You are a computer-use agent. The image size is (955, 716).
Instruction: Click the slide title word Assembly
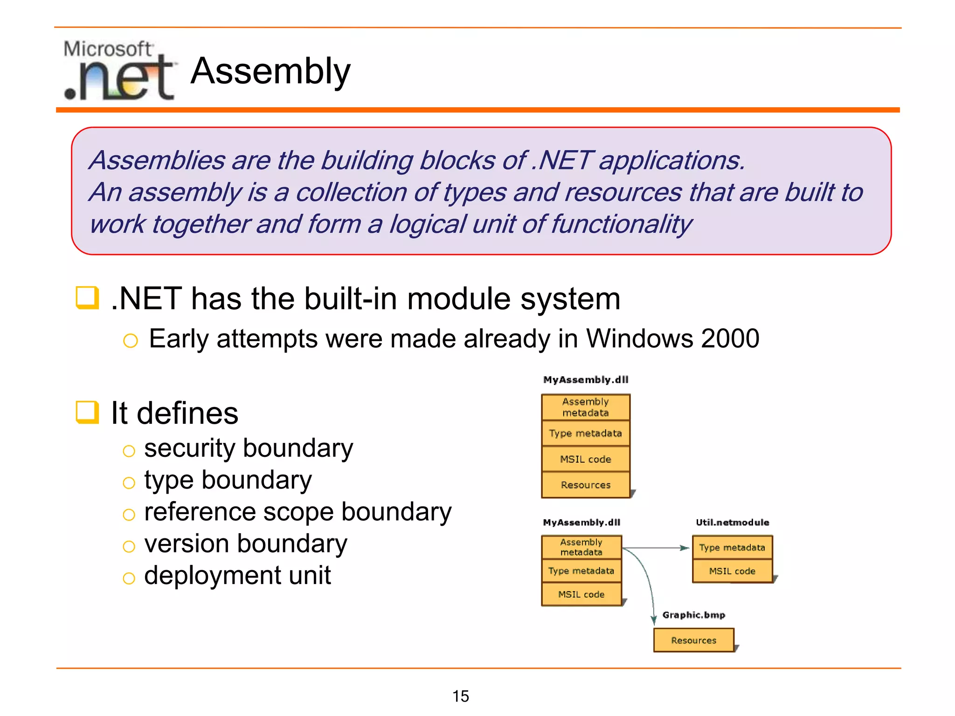pyautogui.click(x=270, y=71)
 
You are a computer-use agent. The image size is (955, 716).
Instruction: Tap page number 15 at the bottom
pyautogui.click(x=460, y=696)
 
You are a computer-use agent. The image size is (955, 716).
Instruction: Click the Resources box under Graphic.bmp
pyautogui.click(x=693, y=640)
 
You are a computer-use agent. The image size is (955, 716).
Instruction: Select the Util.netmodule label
pyautogui.click(x=732, y=522)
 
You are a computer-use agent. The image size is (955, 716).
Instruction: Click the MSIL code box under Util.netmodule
pyautogui.click(x=732, y=571)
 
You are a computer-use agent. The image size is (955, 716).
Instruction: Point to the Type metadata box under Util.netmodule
pyautogui.click(x=732, y=547)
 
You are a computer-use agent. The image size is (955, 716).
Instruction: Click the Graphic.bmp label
pyautogui.click(x=693, y=615)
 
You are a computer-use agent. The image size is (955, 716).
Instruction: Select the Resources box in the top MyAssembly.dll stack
pyautogui.click(x=586, y=485)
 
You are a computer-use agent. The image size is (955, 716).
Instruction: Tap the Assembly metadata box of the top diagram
pyautogui.click(x=586, y=407)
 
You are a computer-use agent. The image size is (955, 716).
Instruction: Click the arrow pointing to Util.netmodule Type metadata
pyautogui.click(x=684, y=548)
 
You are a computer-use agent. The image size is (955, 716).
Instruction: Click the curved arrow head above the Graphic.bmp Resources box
pyautogui.click(x=653, y=620)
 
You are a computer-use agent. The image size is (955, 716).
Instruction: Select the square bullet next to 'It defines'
pyautogui.click(x=87, y=413)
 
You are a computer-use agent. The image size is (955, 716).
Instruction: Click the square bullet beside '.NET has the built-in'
pyautogui.click(x=87, y=298)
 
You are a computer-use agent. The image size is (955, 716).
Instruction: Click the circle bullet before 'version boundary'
pyautogui.click(x=129, y=546)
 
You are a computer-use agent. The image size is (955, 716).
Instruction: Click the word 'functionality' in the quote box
pyautogui.click(x=621, y=224)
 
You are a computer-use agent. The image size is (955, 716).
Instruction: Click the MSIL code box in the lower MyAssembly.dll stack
pyautogui.click(x=581, y=594)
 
